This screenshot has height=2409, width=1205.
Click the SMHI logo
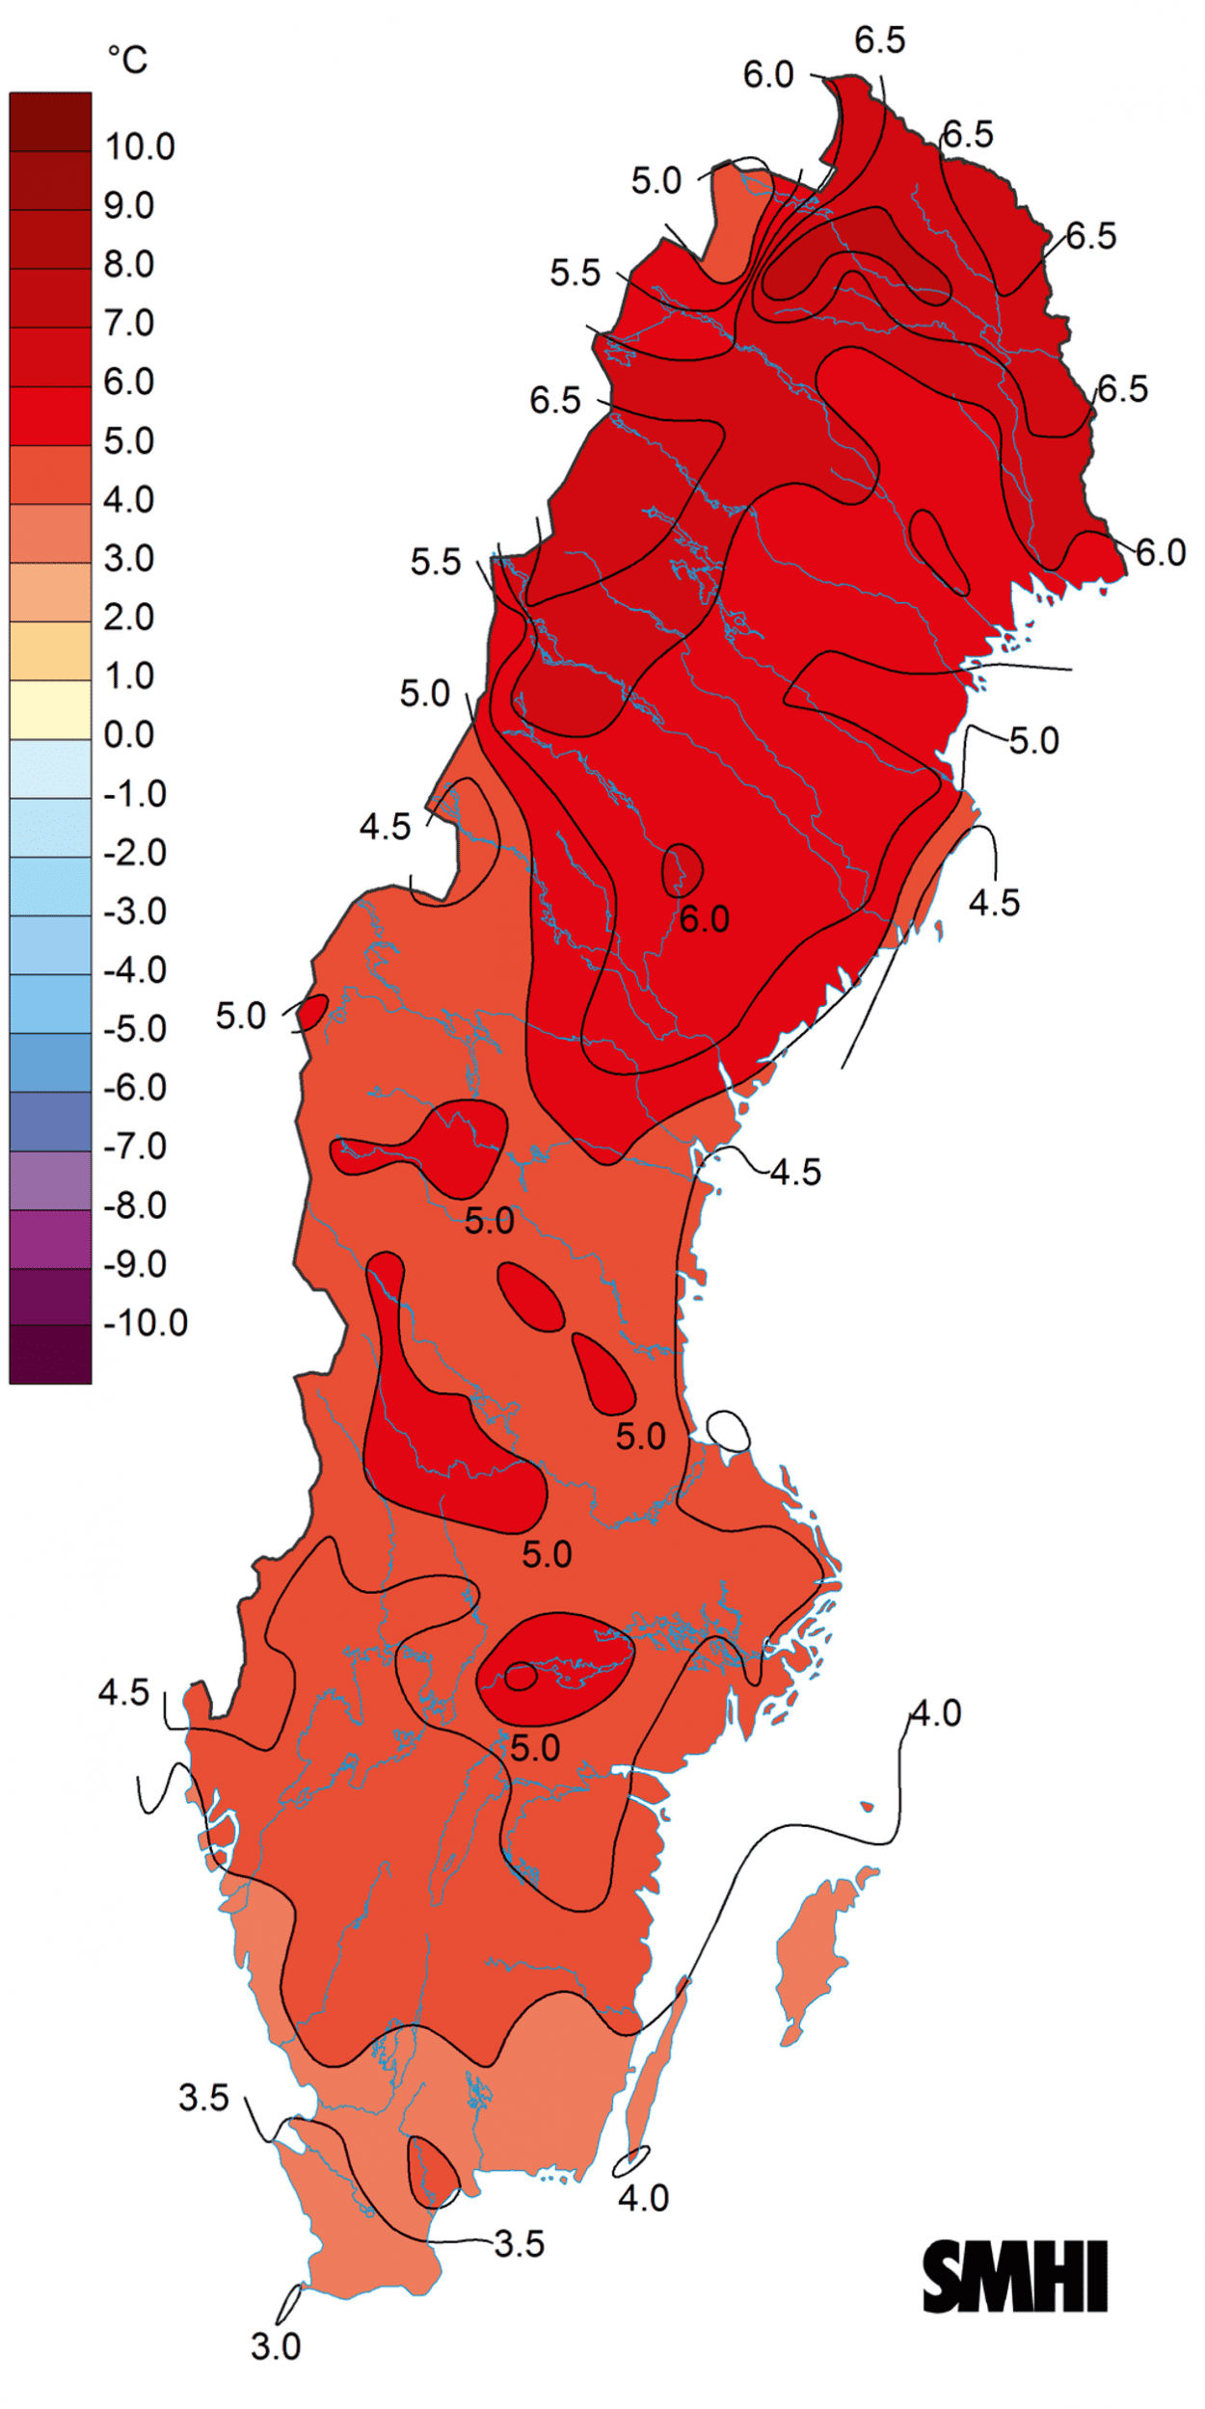tap(1015, 2276)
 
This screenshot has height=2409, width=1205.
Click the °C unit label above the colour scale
tap(127, 60)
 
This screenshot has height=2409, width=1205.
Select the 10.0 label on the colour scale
tap(140, 147)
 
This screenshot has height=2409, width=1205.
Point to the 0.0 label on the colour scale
tap(128, 735)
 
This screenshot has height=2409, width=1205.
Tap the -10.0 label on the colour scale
tap(146, 1323)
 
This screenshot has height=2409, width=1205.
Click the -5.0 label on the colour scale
tap(135, 1029)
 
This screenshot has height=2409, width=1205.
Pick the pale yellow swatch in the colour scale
tap(50, 709)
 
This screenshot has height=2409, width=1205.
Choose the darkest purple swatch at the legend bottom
tap(50, 1354)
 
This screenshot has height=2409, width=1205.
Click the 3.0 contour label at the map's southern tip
tap(276, 2347)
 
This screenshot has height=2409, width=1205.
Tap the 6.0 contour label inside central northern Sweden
tap(705, 919)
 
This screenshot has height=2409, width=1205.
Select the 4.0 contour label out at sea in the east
tap(936, 1713)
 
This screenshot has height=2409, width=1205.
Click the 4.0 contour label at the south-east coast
tap(643, 2198)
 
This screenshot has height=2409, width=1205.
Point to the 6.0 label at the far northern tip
tap(768, 74)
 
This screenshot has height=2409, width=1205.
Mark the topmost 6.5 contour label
tap(880, 40)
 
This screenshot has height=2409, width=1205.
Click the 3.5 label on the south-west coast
tap(203, 2098)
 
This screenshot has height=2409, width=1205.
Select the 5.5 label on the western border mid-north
tap(436, 562)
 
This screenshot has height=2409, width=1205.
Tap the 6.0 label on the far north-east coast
tap(1161, 552)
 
